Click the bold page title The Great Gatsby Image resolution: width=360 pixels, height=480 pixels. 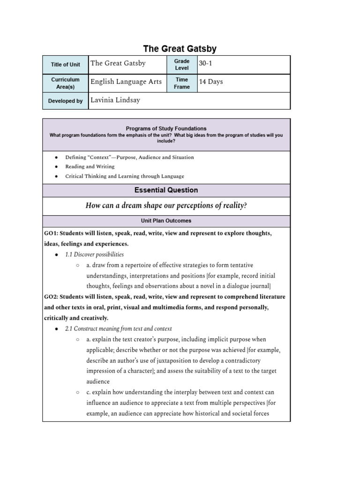tap(180, 49)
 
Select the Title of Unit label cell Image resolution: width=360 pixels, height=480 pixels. tap(65, 65)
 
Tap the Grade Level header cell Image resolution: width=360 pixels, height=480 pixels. tap(182, 65)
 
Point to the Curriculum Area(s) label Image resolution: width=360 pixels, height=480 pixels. tap(65, 83)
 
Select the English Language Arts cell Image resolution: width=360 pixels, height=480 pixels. tap(126, 82)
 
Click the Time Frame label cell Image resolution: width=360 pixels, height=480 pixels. tap(182, 83)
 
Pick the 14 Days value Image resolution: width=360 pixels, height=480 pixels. tap(211, 82)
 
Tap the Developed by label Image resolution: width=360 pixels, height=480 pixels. tap(65, 101)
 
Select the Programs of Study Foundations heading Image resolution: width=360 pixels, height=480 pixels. tap(166, 128)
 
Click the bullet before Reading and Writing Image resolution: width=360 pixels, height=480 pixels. tap(56, 167)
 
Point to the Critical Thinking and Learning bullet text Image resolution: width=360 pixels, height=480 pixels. tap(124, 176)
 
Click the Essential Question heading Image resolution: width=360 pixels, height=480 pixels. tap(166, 190)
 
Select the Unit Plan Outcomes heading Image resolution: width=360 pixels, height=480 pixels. tap(166, 220)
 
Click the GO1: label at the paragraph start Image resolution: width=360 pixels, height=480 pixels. tap(51, 233)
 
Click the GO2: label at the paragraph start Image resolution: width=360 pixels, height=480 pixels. tap(51, 297)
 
